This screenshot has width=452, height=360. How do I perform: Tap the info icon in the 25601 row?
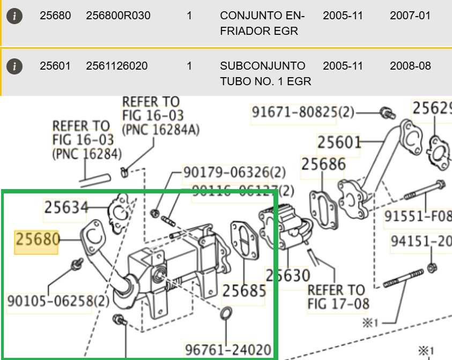15,66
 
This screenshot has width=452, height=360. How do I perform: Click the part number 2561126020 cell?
117,66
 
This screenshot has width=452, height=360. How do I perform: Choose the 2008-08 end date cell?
410,66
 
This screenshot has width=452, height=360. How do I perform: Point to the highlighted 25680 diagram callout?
36,239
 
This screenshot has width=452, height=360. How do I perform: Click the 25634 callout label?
65,207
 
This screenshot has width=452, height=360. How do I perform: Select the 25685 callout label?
244,291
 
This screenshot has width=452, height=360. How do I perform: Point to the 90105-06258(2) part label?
58,301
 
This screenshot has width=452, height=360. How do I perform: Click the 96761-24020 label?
228,350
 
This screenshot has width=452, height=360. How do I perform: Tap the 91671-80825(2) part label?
303,112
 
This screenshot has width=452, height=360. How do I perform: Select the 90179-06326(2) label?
235,172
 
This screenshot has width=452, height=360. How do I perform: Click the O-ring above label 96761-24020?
227,313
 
